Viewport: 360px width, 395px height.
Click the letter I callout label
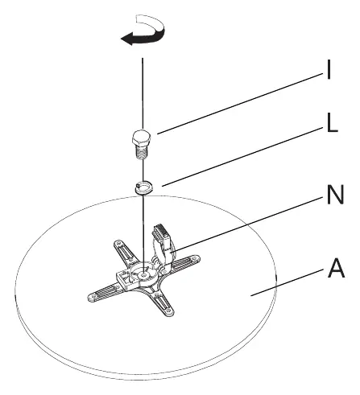tap(329, 69)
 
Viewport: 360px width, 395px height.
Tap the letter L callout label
tap(333, 123)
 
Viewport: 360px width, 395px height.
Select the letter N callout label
tap(335, 195)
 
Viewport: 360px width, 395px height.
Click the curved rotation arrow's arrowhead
tap(128, 39)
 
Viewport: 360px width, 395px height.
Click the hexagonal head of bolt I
tap(142, 138)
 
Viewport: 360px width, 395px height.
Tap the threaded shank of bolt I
tap(141, 152)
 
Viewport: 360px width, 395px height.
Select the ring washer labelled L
tap(144, 187)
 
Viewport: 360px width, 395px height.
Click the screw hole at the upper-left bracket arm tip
tap(118, 244)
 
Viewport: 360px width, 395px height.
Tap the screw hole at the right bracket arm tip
tap(195, 258)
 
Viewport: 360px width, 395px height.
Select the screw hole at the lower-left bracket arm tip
tap(93, 298)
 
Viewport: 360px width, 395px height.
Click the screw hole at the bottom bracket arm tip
tap(168, 311)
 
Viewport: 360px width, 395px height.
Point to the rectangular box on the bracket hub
tap(123, 279)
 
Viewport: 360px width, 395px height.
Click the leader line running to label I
tap(240, 103)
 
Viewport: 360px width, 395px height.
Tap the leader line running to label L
tap(242, 156)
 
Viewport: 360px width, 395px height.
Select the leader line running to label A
tap(287, 282)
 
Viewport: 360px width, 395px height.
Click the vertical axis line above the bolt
tap(143, 93)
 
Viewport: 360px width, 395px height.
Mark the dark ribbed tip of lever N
tap(161, 230)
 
